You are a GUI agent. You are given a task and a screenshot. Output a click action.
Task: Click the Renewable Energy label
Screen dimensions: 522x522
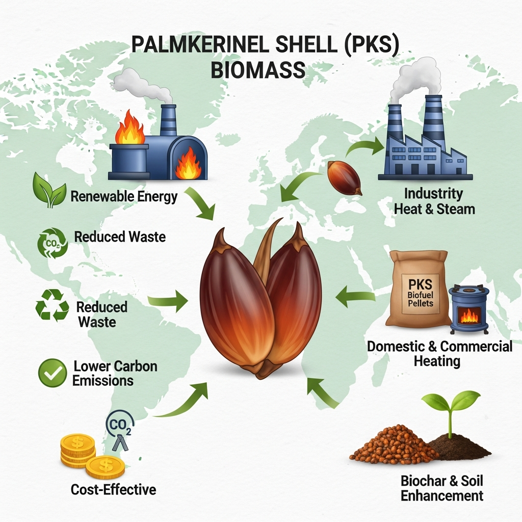pos(124,196)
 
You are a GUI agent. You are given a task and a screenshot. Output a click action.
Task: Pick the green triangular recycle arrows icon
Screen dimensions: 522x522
pos(52,306)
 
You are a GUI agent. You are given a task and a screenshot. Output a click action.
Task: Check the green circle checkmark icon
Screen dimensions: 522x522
pos(53,374)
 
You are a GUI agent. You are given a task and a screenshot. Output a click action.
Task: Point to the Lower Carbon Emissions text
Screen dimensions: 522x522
pos(115,373)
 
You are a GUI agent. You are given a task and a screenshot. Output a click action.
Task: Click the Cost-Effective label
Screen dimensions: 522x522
pos(113,490)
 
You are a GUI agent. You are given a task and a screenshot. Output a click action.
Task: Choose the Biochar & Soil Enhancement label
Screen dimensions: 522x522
pos(441,488)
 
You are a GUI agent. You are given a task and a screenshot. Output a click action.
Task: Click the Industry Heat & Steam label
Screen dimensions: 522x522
pos(434,201)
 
